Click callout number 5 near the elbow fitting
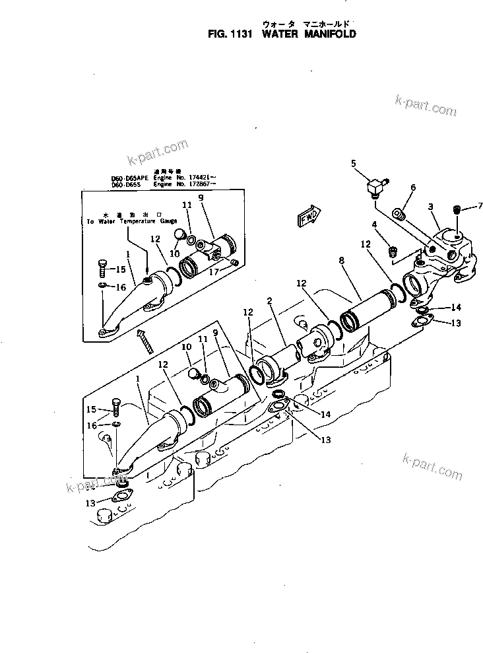click(x=353, y=162)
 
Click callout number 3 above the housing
click(x=430, y=207)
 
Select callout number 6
click(x=413, y=188)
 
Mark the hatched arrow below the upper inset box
click(x=143, y=339)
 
